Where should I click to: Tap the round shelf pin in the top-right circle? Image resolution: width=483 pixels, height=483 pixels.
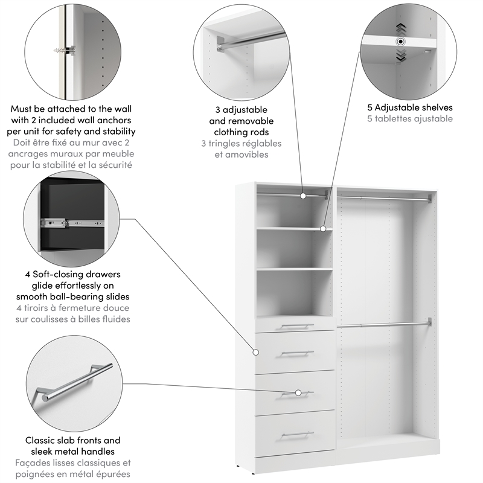(x=400, y=42)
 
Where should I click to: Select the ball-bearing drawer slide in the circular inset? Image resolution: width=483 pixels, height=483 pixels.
(x=69, y=222)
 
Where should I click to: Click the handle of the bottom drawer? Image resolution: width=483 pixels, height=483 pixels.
(x=297, y=433)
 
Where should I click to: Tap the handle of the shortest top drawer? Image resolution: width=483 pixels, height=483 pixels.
(x=297, y=326)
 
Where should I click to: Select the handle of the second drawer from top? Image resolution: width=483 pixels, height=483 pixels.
(x=297, y=353)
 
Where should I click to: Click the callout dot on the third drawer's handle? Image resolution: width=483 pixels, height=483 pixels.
(x=298, y=392)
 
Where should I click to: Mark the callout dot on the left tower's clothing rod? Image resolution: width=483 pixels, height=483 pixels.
(x=303, y=196)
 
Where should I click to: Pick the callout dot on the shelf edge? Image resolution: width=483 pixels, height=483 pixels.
(x=323, y=229)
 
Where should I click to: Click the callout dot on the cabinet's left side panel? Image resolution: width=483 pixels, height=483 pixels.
(x=254, y=351)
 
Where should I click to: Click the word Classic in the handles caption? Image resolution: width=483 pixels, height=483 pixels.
(x=40, y=440)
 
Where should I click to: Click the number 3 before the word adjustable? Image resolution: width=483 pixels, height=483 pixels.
(x=218, y=110)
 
